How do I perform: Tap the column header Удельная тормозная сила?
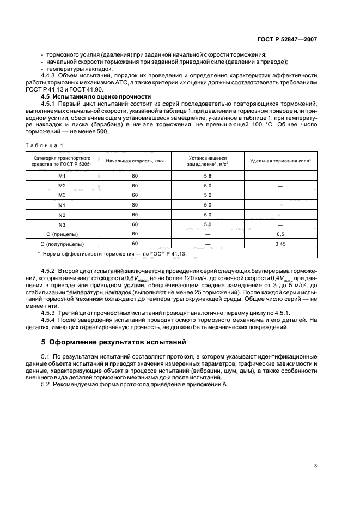pyautogui.click(x=280, y=161)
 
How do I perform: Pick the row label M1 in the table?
pyautogui.click(x=62, y=175)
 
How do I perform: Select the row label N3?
pyautogui.click(x=62, y=224)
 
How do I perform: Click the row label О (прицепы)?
pyautogui.click(x=62, y=234)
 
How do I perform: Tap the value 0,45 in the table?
pyautogui.click(x=280, y=244)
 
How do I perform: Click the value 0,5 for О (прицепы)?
pyautogui.click(x=280, y=234)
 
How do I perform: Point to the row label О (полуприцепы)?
pyautogui.click(x=62, y=244)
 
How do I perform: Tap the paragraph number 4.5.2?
pyautogui.click(x=49, y=271)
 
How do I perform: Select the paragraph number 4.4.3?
pyautogui.click(x=49, y=76)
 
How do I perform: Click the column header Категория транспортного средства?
pyautogui.click(x=62, y=161)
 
